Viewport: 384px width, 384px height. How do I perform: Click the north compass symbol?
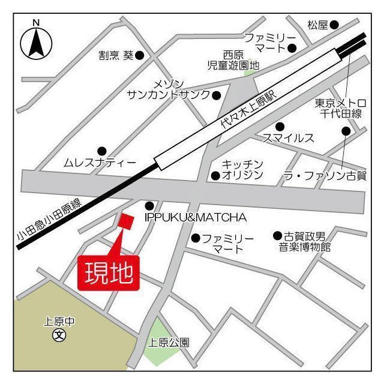point(37,41)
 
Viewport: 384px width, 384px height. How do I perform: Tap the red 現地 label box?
point(109,273)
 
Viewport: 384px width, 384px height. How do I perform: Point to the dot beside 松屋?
point(334,25)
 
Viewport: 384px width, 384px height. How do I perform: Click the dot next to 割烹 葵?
point(139,55)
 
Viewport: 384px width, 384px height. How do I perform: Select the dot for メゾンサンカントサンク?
point(217,95)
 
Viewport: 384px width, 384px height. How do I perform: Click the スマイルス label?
point(289,139)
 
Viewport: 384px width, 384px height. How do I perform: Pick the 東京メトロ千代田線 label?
point(339,108)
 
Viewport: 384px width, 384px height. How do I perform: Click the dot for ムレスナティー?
point(102,151)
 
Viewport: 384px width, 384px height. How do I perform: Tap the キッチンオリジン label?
point(242,169)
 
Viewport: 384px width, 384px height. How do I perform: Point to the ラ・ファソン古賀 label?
point(325,175)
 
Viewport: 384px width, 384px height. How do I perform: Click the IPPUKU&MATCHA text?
point(196,216)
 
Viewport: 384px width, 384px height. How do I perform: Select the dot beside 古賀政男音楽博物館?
point(277,236)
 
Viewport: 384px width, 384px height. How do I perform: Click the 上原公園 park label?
point(169,343)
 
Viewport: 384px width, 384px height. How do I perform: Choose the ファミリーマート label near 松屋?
point(270,42)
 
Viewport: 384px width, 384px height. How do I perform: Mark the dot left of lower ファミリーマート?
point(195,238)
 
